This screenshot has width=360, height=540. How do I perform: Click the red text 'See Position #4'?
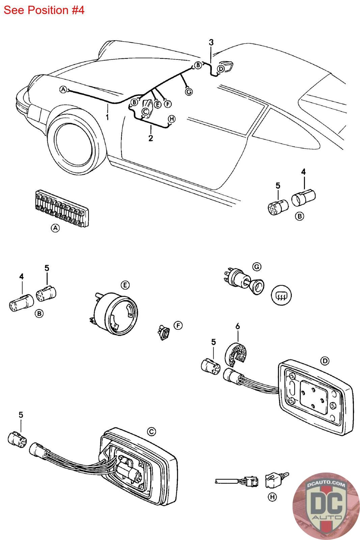coord(44,10)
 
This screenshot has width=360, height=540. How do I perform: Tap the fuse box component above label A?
coord(62,208)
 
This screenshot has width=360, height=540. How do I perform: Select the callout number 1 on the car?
coord(107,117)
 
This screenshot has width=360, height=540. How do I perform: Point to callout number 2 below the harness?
coord(150,138)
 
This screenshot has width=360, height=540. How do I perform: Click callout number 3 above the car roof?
coord(211,43)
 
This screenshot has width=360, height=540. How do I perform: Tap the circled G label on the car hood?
coord(189,91)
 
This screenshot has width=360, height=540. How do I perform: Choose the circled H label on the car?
coord(172,119)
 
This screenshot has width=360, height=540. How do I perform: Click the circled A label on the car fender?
coord(63,90)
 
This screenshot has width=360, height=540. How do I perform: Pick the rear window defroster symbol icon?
coord(281,295)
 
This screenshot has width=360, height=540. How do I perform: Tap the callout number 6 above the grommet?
coord(238,326)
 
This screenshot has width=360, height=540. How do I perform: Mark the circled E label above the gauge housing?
coord(125,285)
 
